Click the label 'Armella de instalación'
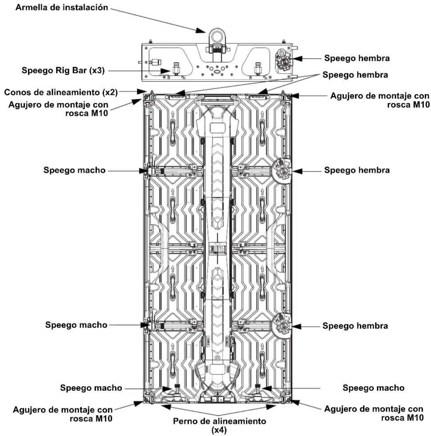coord(62,7)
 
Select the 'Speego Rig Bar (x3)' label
coord(63,70)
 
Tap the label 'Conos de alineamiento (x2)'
coord(61,92)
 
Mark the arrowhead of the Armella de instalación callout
coord(201,31)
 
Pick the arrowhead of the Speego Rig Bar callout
coord(166,71)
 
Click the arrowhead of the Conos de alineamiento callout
coord(141,91)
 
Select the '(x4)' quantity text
coord(219,430)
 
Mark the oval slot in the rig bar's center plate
coord(217,72)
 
